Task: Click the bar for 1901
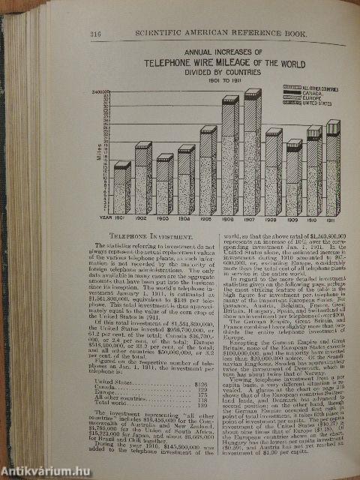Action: (122, 187)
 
